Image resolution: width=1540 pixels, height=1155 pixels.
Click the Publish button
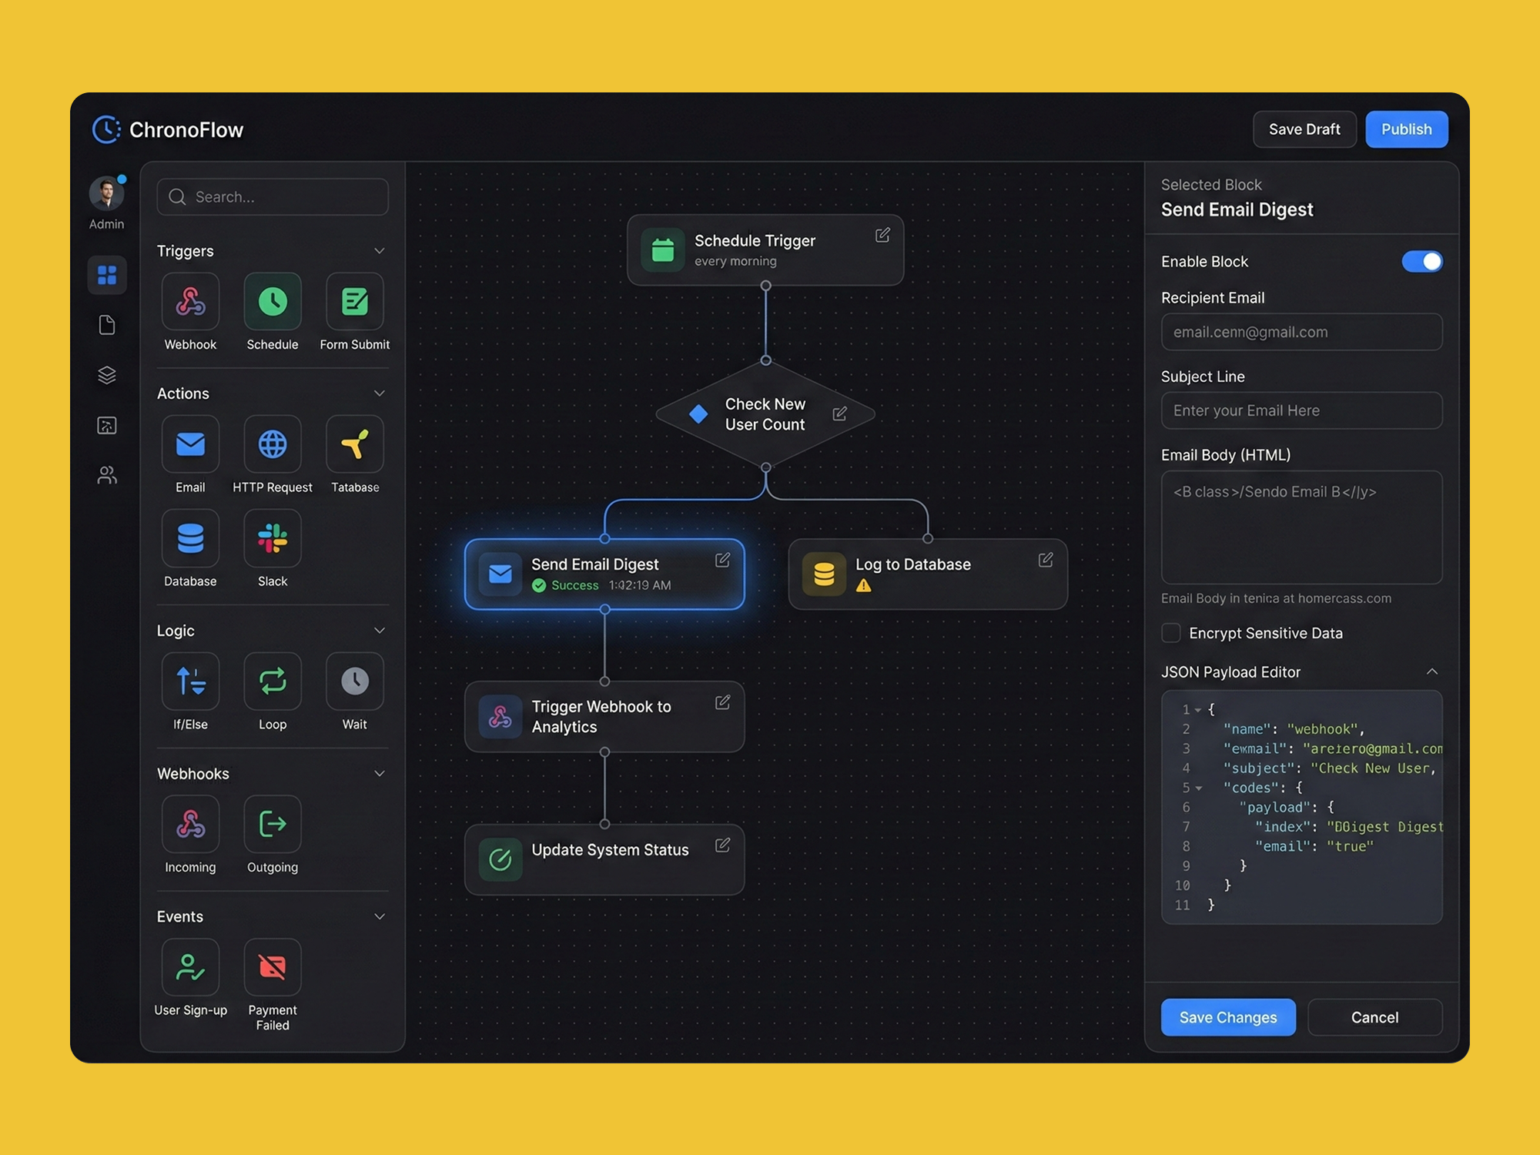(1406, 129)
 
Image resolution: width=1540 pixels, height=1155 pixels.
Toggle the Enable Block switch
(1421, 262)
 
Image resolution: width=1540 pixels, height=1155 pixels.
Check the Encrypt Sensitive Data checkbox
(1171, 633)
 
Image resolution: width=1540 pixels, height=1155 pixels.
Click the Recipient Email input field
(1301, 333)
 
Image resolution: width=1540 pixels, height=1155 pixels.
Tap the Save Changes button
(1228, 1017)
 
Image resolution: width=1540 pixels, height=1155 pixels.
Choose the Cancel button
(1374, 1017)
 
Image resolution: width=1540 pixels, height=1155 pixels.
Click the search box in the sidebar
(273, 197)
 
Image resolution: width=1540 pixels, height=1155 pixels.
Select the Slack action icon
(273, 539)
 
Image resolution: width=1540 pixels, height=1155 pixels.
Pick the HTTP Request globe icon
(273, 444)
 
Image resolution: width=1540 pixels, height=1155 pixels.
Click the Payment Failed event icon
(273, 966)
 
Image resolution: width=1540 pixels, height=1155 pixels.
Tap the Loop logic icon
(273, 681)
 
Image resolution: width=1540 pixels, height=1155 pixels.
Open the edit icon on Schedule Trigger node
(882, 236)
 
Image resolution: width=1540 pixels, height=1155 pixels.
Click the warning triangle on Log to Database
(864, 586)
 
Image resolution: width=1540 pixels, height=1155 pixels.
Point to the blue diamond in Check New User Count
(698, 414)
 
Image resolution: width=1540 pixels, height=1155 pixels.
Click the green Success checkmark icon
(539, 586)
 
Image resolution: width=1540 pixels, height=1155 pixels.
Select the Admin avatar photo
(106, 193)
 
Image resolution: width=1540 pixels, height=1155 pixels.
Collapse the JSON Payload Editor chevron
(1431, 671)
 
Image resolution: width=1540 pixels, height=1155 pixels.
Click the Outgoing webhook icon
(273, 824)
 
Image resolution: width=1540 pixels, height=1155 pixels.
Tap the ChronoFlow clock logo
(106, 129)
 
